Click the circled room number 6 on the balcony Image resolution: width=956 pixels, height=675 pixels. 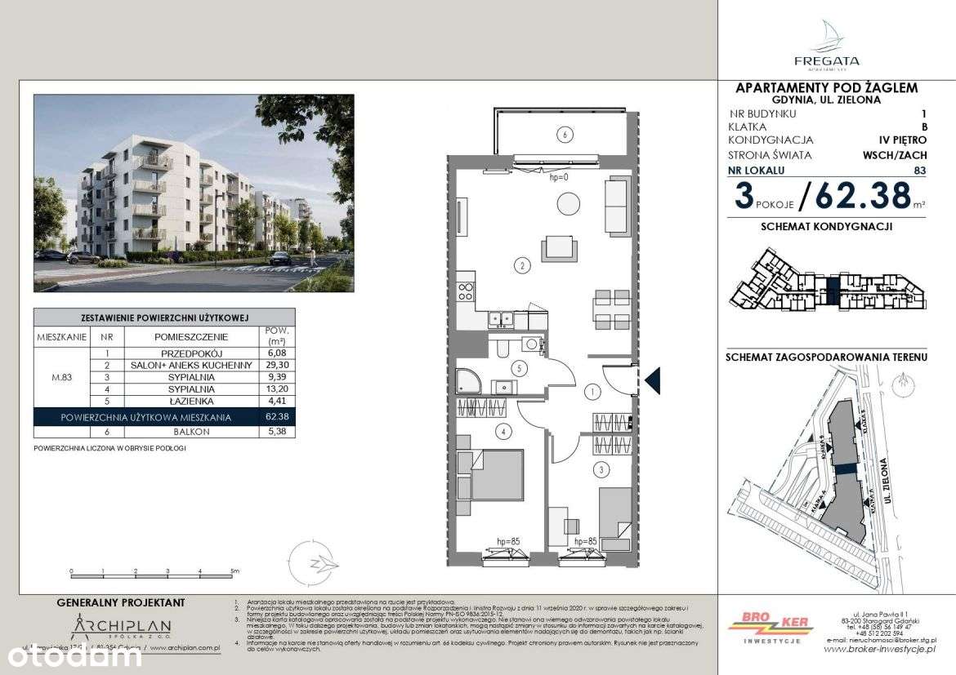[x=562, y=135]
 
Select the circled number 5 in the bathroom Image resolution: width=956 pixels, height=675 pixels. [x=516, y=368]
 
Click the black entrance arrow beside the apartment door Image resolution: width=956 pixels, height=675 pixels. [x=652, y=380]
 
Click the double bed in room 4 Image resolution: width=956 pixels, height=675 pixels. [x=490, y=474]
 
